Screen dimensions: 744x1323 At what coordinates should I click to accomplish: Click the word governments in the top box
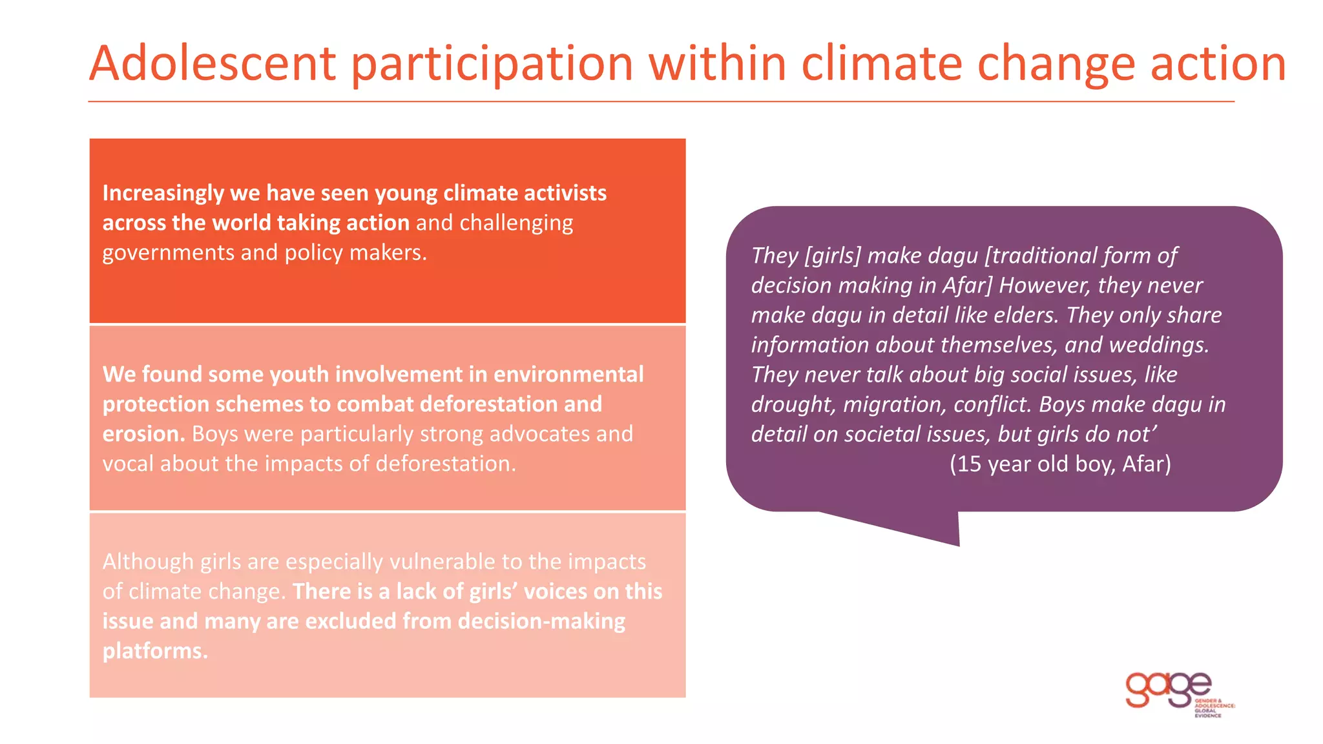point(168,253)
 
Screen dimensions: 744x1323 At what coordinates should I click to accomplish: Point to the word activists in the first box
point(565,193)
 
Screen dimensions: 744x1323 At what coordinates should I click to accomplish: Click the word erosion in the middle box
point(143,434)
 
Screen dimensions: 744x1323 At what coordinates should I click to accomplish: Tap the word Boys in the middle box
point(215,434)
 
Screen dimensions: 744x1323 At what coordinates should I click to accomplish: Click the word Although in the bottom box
point(148,562)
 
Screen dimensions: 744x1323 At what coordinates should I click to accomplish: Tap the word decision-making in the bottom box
point(541,621)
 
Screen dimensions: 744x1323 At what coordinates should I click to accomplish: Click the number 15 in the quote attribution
point(969,464)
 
